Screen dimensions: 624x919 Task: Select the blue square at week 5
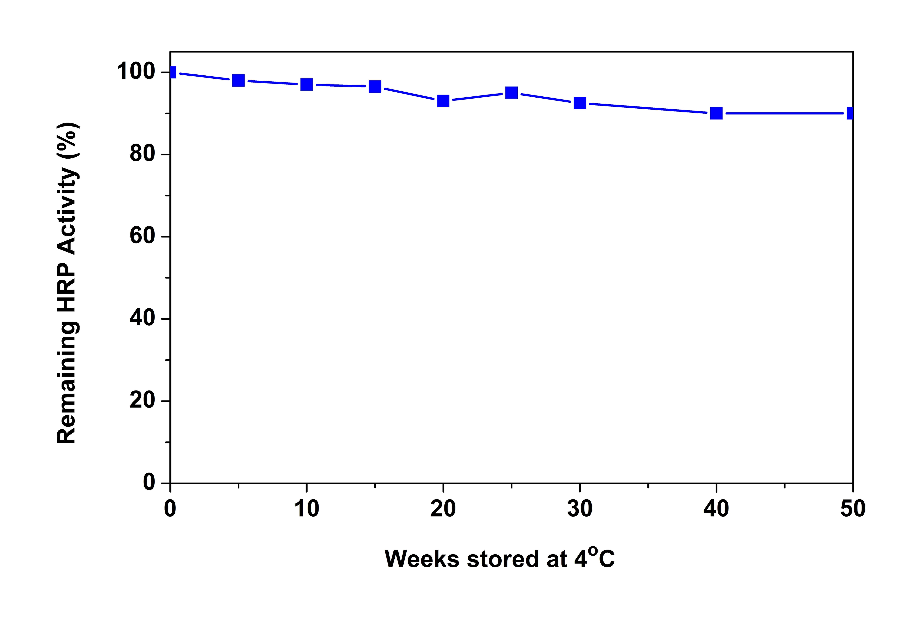click(x=238, y=80)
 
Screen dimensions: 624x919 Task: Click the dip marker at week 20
click(x=443, y=100)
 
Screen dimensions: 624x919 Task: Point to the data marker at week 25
click(x=512, y=93)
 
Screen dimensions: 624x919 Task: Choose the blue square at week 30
click(x=580, y=103)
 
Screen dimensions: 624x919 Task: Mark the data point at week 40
click(x=716, y=113)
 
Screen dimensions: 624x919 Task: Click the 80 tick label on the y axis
click(x=142, y=154)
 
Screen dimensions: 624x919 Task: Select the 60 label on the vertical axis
click(x=142, y=236)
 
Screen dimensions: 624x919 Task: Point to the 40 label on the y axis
click(x=142, y=319)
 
